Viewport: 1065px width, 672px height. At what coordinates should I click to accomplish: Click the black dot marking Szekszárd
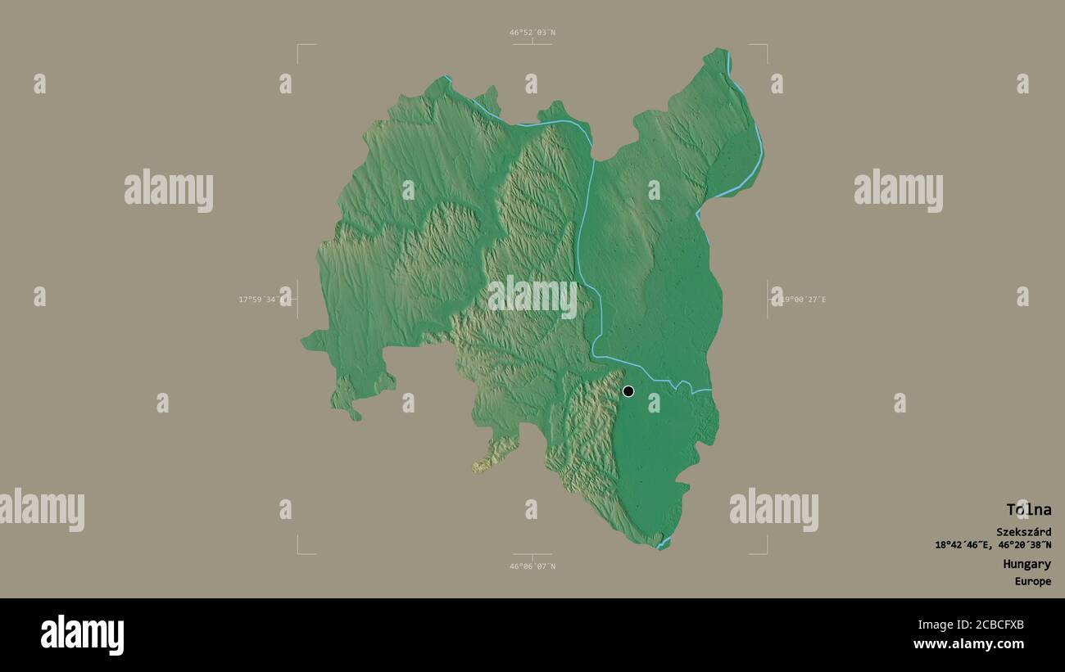tap(628, 391)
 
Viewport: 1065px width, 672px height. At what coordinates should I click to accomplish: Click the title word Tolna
tap(1028, 510)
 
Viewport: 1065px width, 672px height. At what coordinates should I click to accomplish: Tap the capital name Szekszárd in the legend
tap(1023, 532)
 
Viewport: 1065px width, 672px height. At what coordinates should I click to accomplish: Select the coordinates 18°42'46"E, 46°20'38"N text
tap(993, 545)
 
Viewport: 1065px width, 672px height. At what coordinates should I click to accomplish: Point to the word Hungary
tap(1026, 564)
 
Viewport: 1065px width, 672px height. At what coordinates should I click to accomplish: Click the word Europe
tap(1032, 582)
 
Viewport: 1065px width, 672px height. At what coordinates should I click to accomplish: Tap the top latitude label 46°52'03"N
tap(532, 33)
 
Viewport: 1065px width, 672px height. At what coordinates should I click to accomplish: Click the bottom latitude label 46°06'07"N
tap(532, 566)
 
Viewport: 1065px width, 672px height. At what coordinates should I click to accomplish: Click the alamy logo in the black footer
tap(82, 635)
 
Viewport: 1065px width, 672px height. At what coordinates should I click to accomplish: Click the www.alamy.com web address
tap(969, 644)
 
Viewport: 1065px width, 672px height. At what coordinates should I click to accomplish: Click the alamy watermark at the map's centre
tap(532, 297)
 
